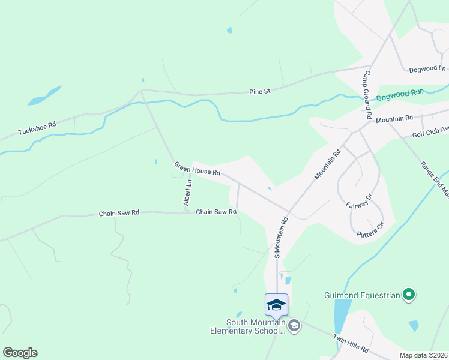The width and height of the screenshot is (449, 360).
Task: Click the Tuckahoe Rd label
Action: pos(37,128)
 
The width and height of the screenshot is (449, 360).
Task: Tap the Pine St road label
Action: pos(260,91)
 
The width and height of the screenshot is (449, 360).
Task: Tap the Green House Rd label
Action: pos(197,168)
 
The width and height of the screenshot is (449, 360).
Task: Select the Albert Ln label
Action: pos(188,193)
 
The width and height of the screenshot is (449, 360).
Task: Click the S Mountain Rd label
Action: pos(280,237)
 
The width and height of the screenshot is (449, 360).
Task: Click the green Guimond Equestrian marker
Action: pos(409,294)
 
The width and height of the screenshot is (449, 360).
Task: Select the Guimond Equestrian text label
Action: pos(362,295)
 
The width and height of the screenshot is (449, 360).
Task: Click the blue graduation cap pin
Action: pos(276,304)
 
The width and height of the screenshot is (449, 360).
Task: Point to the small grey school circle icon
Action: pos(294,326)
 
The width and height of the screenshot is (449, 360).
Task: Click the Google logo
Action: pos(20,353)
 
